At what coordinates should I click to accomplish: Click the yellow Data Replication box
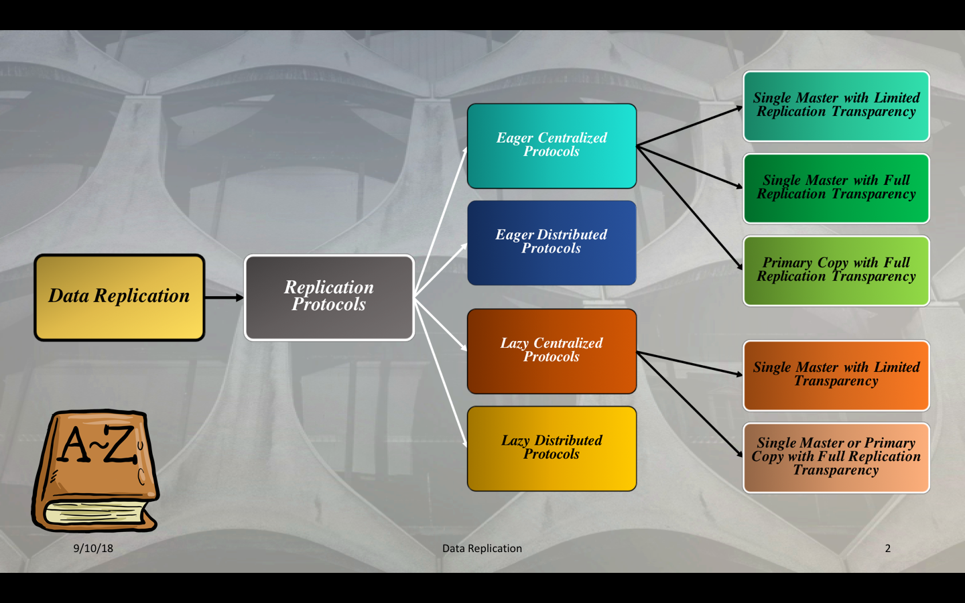[119, 297]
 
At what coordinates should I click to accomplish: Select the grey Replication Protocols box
[329, 297]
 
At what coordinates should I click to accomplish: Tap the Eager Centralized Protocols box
[552, 146]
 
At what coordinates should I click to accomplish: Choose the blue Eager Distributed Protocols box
[552, 243]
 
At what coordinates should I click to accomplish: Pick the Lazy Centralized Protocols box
[552, 351]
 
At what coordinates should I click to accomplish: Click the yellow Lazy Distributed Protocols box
[552, 448]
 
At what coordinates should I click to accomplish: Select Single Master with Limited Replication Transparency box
[836, 106]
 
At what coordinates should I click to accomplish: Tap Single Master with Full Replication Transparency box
[836, 188]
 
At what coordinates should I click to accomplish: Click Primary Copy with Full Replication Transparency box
[836, 271]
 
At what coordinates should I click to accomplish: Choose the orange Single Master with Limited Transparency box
[836, 375]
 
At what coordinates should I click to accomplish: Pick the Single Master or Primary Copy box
[836, 458]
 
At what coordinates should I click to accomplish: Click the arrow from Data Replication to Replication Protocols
[224, 297]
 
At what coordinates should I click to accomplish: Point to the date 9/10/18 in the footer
[93, 548]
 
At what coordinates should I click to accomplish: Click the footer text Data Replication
[482, 548]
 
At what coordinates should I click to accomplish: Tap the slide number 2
[888, 548]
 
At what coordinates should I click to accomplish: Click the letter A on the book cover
[75, 446]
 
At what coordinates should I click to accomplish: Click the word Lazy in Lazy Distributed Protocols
[515, 441]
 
